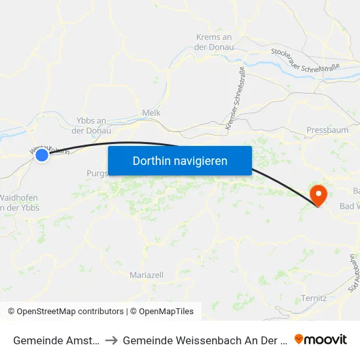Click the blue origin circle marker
[x=42, y=155]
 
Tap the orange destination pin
[x=319, y=194]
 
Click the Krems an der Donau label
[x=214, y=42]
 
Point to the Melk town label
[x=151, y=113]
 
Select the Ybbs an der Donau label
[x=92, y=125]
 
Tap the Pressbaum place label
[x=327, y=131]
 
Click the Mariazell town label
[x=147, y=275]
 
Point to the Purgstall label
[x=97, y=173]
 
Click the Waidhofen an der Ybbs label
[x=19, y=202]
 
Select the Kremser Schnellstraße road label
[x=234, y=99]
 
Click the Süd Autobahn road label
[x=353, y=273]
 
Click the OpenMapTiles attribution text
[x=164, y=312]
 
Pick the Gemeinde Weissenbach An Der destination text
[x=205, y=340]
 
